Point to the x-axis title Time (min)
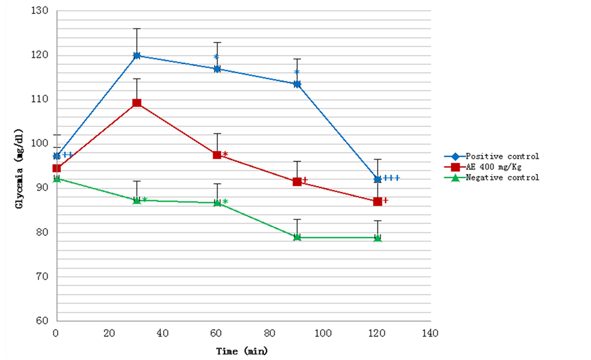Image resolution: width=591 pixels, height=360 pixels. (242, 351)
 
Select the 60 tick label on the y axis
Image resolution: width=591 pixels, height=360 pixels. (41, 321)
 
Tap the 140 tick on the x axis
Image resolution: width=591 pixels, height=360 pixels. (431, 333)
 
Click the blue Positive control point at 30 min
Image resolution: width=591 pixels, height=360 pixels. (137, 56)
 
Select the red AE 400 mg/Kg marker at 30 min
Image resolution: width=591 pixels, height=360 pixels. (137, 103)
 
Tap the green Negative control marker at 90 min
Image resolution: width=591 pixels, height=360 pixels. (297, 237)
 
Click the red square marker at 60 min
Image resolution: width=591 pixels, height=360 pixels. (217, 155)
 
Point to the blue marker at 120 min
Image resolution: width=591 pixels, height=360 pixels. (378, 179)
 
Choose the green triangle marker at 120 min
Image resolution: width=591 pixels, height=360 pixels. (378, 238)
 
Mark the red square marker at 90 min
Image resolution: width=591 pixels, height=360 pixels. (297, 182)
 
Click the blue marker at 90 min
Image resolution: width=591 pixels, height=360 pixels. (297, 84)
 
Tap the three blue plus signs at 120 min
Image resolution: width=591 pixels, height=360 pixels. (391, 178)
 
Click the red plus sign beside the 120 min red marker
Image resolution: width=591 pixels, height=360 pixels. (386, 200)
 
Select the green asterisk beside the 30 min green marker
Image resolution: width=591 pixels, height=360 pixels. (145, 200)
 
